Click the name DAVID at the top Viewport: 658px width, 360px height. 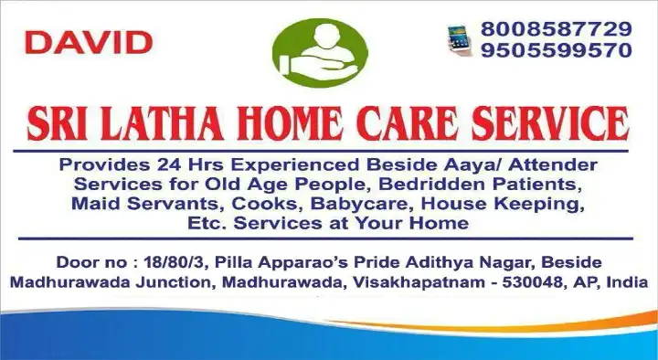(89, 41)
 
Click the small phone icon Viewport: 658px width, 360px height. (458, 41)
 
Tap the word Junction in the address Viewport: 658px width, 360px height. (172, 283)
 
